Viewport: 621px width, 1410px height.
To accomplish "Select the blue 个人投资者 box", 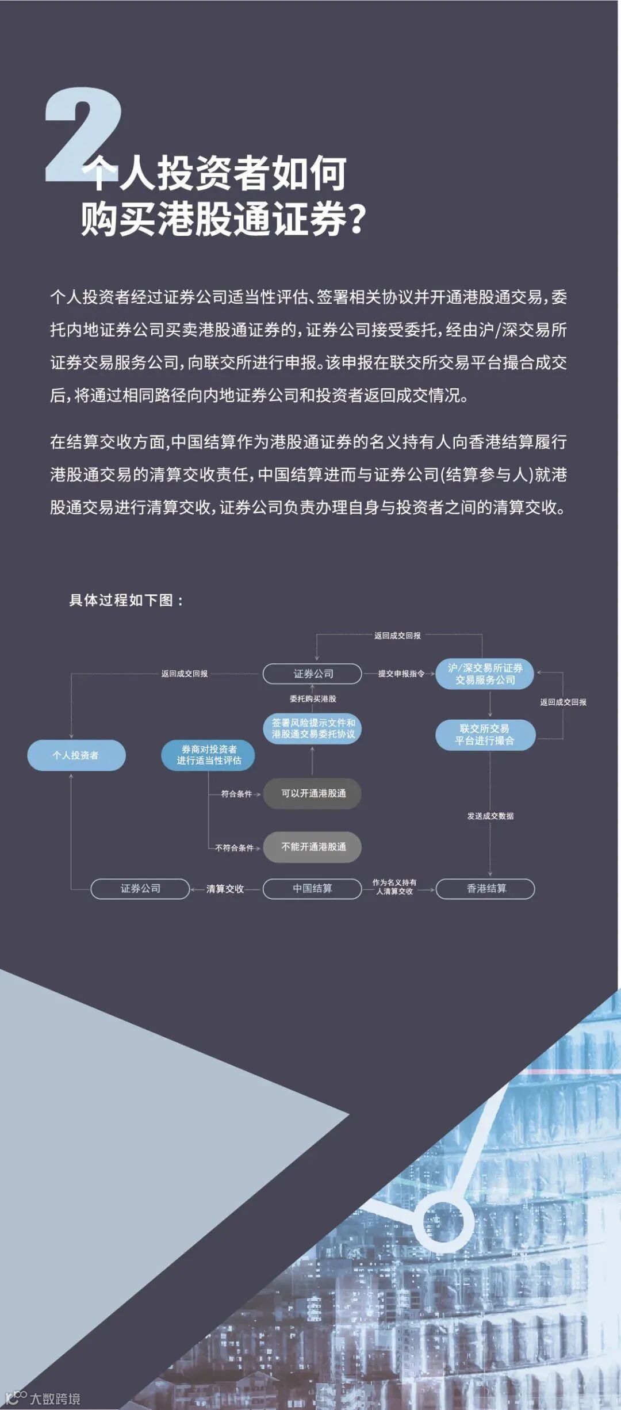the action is tap(76, 755).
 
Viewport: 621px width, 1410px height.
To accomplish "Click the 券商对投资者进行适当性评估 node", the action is tap(208, 755).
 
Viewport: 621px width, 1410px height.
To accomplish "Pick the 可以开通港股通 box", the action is tap(312, 793).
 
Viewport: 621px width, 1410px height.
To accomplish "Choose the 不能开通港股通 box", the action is tap(312, 847).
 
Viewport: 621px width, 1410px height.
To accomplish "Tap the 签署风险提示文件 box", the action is tap(313, 728).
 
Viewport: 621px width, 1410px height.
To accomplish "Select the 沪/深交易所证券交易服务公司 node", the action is tap(485, 674).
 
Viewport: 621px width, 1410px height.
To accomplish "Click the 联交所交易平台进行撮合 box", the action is tap(485, 735).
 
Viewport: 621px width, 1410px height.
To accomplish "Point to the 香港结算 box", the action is tap(485, 888).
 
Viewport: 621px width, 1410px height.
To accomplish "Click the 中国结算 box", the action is tap(312, 888).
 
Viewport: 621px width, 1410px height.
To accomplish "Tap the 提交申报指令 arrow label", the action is tap(401, 674).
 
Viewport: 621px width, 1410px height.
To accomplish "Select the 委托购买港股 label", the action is tap(313, 699).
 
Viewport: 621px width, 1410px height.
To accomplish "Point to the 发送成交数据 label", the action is tap(490, 816).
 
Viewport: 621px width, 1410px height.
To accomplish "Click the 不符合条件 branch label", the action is tap(234, 847).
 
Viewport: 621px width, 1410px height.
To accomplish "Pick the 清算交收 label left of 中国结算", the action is tap(225, 889).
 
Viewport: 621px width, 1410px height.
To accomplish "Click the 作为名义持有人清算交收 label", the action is tap(394, 886).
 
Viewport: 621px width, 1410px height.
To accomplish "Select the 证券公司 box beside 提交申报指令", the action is tap(312, 674).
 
